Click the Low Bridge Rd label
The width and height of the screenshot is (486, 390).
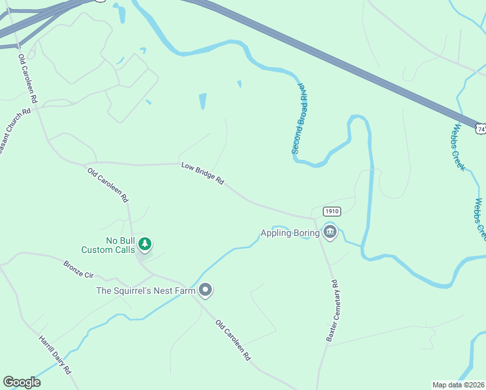point(202,174)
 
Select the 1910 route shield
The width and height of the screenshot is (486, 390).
point(331,211)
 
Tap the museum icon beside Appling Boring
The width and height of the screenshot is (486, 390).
point(329,232)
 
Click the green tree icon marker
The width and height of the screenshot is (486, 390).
point(146,244)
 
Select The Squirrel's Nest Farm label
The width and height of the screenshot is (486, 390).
point(146,291)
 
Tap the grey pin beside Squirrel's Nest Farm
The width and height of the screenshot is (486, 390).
point(205,290)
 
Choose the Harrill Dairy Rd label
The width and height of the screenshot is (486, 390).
point(55,355)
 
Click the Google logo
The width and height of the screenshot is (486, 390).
point(21,382)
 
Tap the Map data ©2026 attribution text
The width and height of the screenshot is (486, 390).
point(459,385)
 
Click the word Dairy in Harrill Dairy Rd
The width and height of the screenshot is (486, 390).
point(56,357)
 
